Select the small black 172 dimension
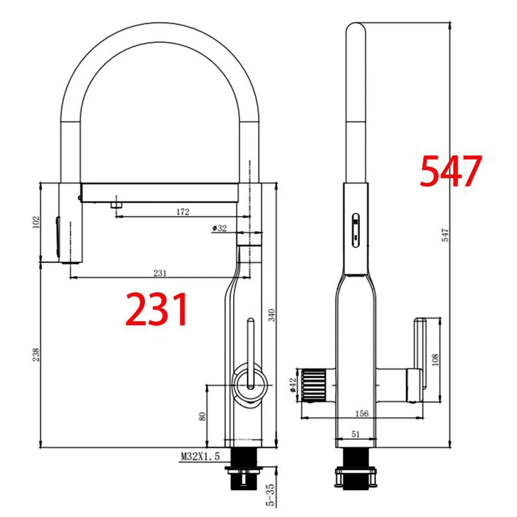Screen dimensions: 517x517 [183, 212]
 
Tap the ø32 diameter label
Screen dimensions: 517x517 [219, 228]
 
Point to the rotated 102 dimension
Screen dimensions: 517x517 [36, 222]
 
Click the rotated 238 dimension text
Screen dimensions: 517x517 [36, 355]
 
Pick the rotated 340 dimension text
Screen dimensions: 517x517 [272, 315]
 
